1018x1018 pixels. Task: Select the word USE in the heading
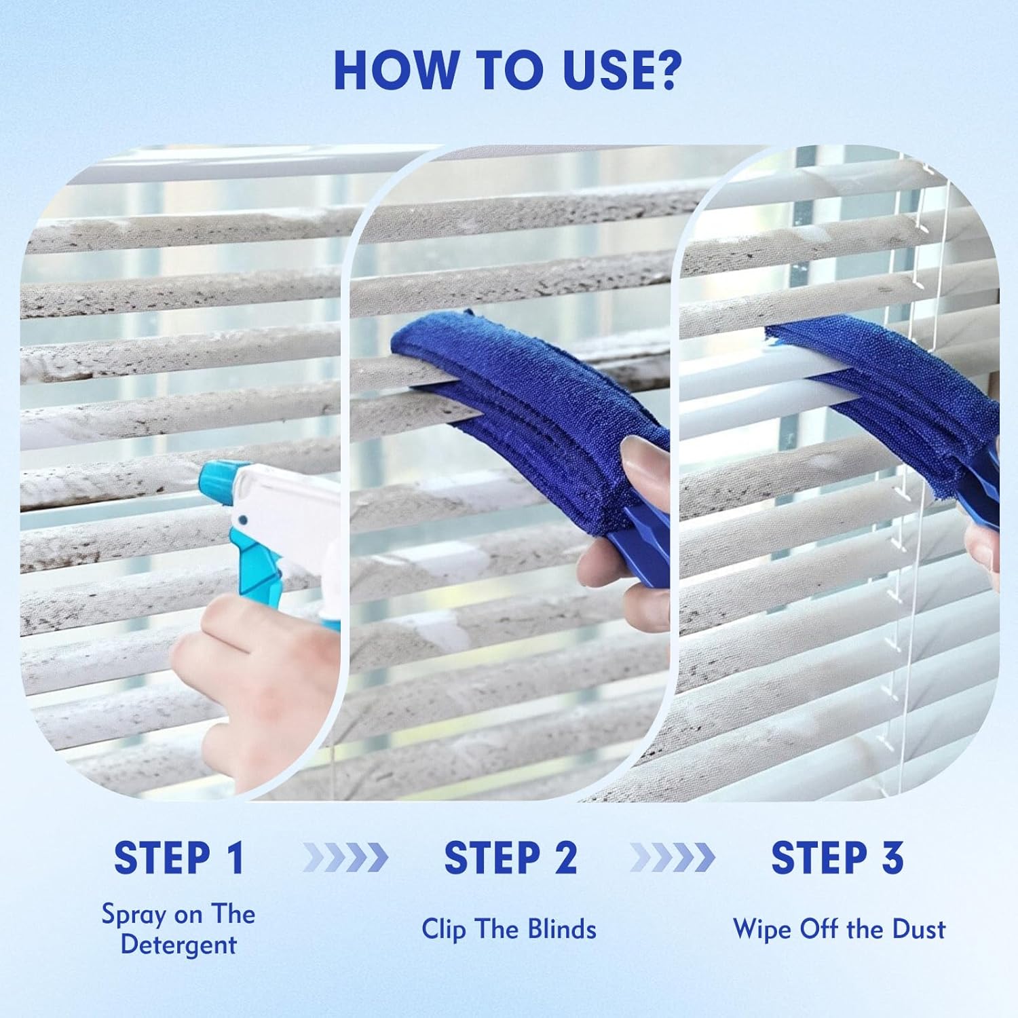tap(590, 69)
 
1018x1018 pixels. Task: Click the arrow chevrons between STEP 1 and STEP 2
tap(345, 858)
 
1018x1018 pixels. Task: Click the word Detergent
tap(178, 945)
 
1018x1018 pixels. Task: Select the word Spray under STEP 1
tap(134, 915)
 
